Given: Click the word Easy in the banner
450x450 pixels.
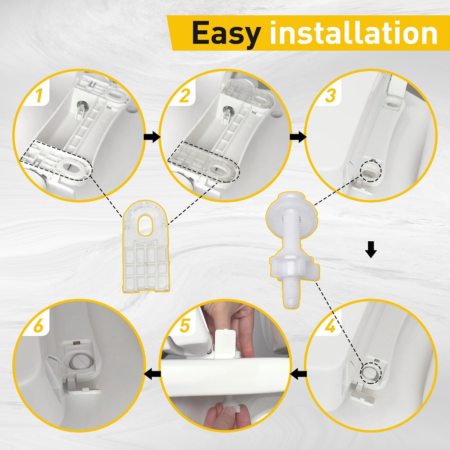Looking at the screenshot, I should click(x=226, y=33).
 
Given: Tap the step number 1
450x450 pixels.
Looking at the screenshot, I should click(x=39, y=95).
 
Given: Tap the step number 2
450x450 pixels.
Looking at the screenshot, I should click(x=184, y=95).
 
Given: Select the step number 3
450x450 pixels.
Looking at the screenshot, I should click(x=330, y=95).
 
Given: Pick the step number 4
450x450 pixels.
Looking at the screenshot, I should click(x=330, y=327).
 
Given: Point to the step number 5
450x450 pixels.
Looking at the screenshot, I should click(x=185, y=326).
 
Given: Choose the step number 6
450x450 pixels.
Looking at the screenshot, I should click(x=39, y=326).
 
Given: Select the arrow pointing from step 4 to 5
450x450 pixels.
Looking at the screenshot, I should click(x=299, y=374).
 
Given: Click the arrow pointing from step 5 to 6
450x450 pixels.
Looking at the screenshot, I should click(x=152, y=374).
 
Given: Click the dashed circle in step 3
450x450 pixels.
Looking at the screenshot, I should click(x=370, y=172).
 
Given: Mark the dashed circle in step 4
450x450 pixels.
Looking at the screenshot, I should click(x=370, y=371).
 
